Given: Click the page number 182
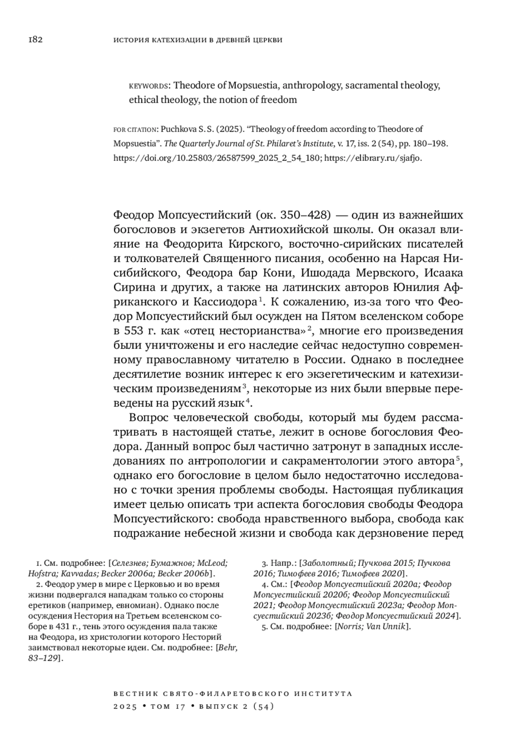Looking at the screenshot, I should pos(35,40).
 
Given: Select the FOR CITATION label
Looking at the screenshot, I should pos(135,129).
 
